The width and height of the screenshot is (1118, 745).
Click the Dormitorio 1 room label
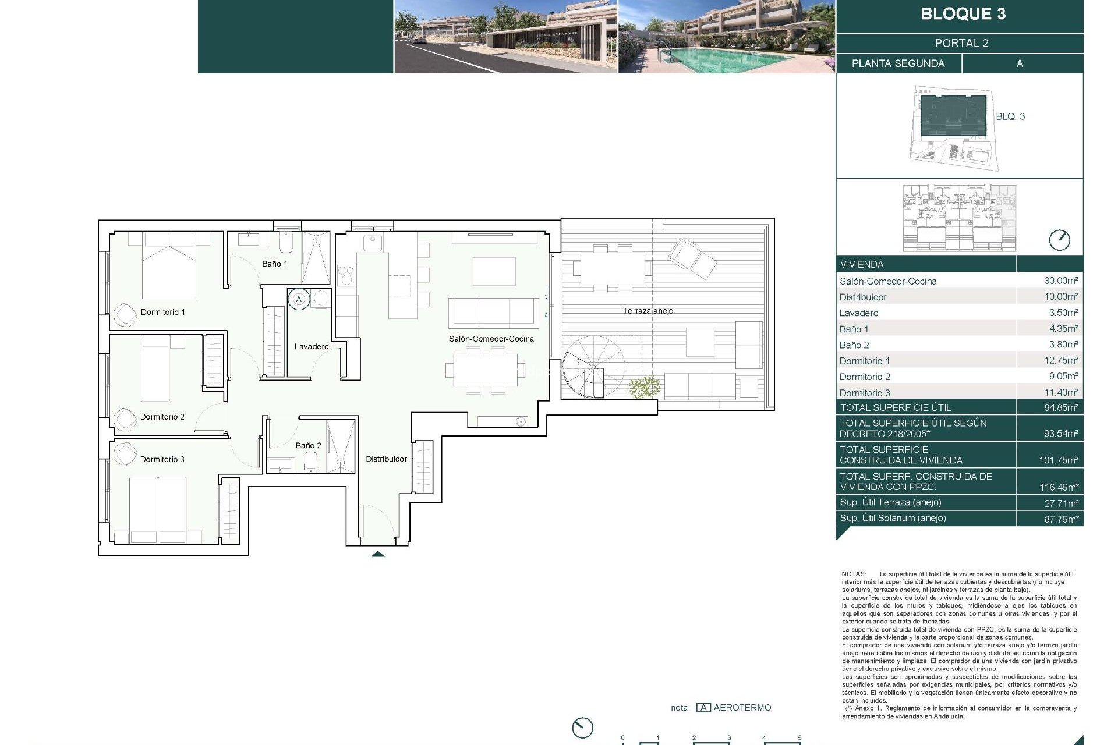click(162, 312)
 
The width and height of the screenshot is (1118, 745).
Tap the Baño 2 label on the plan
click(308, 445)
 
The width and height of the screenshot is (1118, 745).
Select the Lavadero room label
click(311, 346)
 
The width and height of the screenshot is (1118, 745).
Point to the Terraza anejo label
click(648, 311)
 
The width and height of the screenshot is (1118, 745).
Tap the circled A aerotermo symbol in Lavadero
click(299, 299)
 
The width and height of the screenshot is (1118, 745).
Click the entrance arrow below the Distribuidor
click(378, 554)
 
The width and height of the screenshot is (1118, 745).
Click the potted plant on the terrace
click(645, 387)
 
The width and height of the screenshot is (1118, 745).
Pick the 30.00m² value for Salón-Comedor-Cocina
click(1060, 281)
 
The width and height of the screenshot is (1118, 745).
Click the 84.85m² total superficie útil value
click(1060, 407)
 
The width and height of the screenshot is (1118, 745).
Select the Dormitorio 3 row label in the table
click(864, 393)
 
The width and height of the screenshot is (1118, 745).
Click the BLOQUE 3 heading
click(963, 14)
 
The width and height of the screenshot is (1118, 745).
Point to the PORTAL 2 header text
click(961, 43)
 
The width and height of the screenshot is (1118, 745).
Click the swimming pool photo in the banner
click(726, 36)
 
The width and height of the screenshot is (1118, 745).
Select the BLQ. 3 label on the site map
click(1010, 116)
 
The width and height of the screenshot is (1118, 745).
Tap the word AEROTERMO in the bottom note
click(742, 708)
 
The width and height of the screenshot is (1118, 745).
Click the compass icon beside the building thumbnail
click(1059, 240)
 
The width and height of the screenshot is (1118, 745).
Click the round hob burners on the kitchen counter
click(345, 275)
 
